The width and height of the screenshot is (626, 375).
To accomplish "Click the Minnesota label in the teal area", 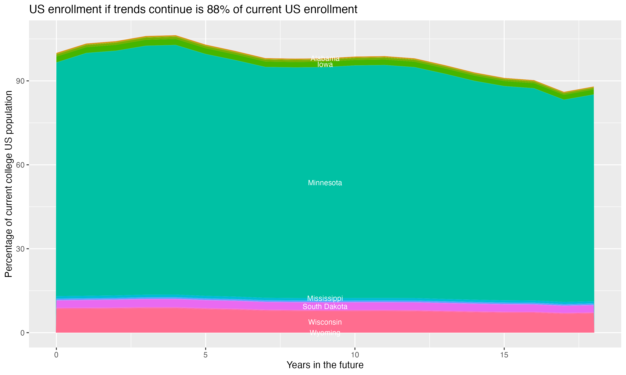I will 325,183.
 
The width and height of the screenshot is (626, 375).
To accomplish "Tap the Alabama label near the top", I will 325,58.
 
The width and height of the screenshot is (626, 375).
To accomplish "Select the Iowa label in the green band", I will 325,65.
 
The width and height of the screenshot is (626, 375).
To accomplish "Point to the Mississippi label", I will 325,298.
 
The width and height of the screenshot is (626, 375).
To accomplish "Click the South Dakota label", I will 325,306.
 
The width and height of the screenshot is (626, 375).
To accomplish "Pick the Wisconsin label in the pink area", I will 325,322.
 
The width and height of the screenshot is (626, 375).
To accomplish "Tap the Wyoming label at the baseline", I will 325,333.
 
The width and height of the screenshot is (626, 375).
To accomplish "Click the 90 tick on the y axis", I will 20,81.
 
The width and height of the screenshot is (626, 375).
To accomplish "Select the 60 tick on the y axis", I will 20,165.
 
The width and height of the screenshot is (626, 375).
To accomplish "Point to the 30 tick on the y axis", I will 20,249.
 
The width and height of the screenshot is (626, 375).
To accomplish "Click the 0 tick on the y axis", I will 23,333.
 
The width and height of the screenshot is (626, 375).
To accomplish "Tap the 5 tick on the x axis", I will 206,355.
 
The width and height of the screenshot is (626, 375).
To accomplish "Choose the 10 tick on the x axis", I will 355,355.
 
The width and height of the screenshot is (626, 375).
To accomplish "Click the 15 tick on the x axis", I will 504,355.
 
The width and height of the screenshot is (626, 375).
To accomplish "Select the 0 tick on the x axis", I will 56,355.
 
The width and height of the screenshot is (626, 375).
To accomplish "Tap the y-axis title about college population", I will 9,184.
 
